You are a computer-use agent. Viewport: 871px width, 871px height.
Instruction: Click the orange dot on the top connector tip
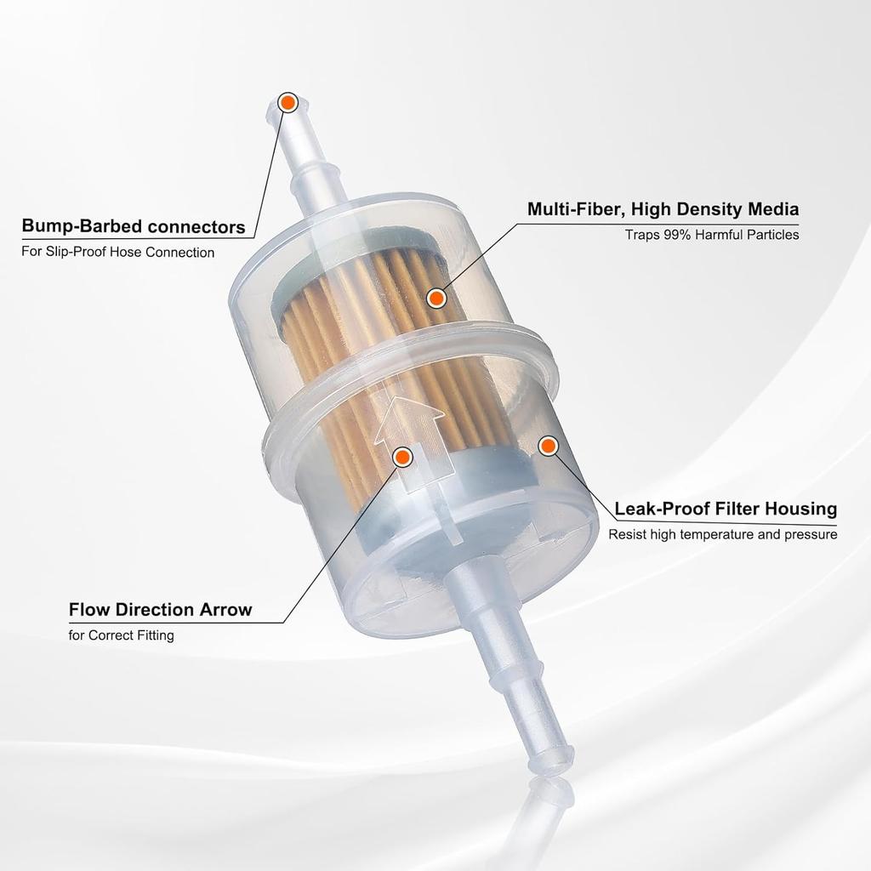coord(287,104)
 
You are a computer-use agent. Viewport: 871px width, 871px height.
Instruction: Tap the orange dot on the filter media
coord(436,298)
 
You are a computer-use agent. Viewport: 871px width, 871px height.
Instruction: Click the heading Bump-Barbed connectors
coord(134,227)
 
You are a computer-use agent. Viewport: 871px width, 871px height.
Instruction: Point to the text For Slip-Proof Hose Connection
coord(117,253)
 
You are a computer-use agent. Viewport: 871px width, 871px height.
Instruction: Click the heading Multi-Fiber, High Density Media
coord(663,209)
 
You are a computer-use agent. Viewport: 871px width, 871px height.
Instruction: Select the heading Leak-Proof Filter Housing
coord(726,509)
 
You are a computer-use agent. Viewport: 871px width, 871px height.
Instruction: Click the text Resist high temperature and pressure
coord(722,535)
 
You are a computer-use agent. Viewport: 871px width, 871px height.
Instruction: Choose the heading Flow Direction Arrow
coord(160,610)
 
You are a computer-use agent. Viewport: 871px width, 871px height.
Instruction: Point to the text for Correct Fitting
coord(121,635)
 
